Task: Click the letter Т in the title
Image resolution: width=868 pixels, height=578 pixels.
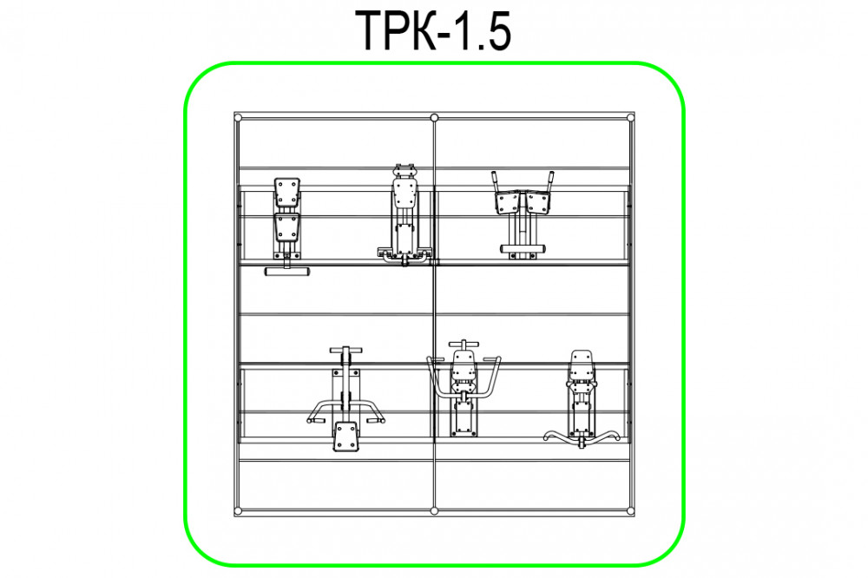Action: [373, 31]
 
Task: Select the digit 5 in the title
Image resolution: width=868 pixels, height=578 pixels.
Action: [496, 31]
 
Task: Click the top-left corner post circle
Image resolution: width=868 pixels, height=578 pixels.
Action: [238, 117]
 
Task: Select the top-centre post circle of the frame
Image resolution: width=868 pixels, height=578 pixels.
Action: [435, 117]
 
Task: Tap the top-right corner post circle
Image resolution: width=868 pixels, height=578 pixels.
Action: [630, 117]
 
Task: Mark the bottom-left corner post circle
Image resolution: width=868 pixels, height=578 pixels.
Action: [238, 510]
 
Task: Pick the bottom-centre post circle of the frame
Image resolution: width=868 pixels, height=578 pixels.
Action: [435, 510]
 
